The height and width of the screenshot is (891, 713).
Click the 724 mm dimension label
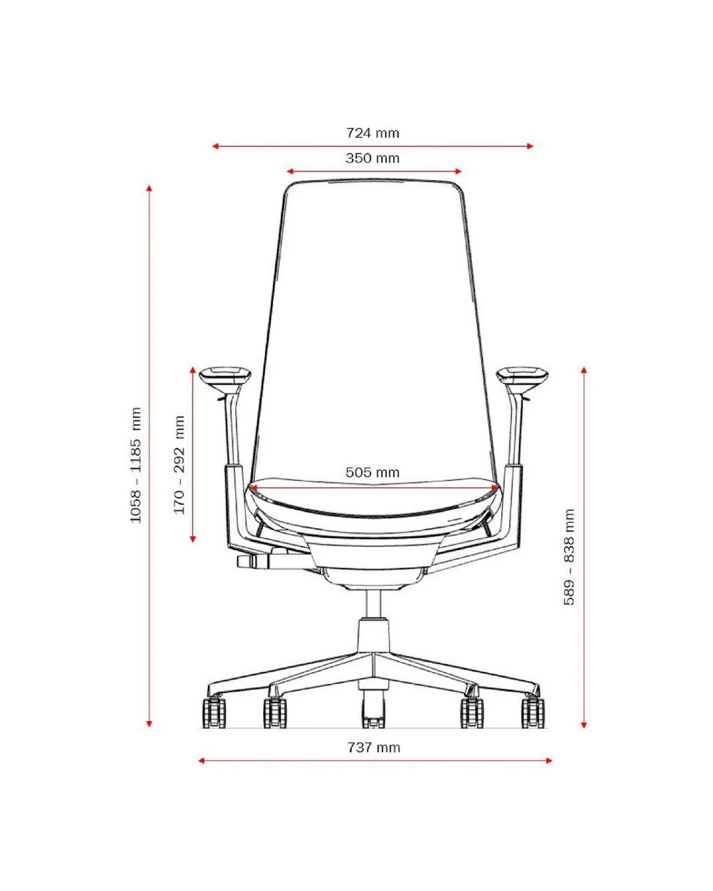coord(373,133)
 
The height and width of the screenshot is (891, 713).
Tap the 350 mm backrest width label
coord(373,158)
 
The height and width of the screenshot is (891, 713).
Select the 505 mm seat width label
coord(373,472)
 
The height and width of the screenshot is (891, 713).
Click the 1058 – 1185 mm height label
coord(136,465)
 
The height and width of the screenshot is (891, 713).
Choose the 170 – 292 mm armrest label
coord(179,465)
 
